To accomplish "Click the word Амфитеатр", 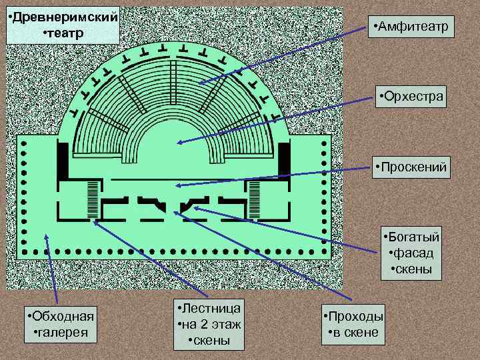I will [415, 27].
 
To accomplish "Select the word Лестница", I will [209, 308].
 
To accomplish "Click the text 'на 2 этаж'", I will [209, 325].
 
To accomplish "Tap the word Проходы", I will [353, 316].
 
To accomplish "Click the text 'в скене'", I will [353, 332].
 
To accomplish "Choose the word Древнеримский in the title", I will [63, 15].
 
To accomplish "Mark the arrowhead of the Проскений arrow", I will [177, 185].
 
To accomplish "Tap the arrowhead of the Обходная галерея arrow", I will [47, 235].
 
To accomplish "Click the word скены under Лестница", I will [209, 341].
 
